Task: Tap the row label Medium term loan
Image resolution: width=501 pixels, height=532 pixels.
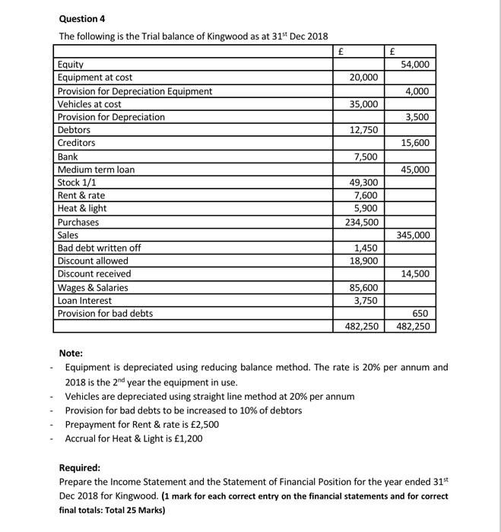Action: pos(97,169)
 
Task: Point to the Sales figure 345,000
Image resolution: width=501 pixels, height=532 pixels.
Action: pos(414,235)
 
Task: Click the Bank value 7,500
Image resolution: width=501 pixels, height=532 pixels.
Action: pos(366,157)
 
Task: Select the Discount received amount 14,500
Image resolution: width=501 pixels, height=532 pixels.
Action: pos(416,274)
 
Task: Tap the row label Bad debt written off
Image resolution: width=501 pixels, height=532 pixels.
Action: pos(100,248)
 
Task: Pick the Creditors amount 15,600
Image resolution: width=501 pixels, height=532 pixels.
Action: pos(416,143)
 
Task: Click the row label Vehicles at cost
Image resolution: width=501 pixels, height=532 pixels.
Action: pos(90,103)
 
